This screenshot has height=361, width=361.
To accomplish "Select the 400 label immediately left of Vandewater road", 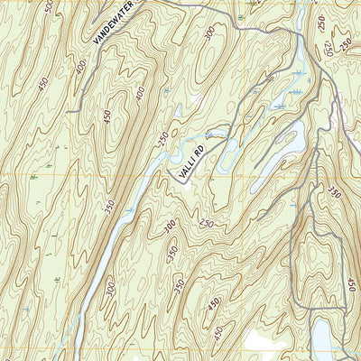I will pyautogui.click(x=82, y=66).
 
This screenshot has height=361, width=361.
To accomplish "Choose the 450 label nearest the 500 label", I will pyautogui.click(x=44, y=83).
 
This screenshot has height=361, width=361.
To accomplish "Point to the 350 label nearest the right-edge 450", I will pyautogui.click(x=336, y=192).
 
